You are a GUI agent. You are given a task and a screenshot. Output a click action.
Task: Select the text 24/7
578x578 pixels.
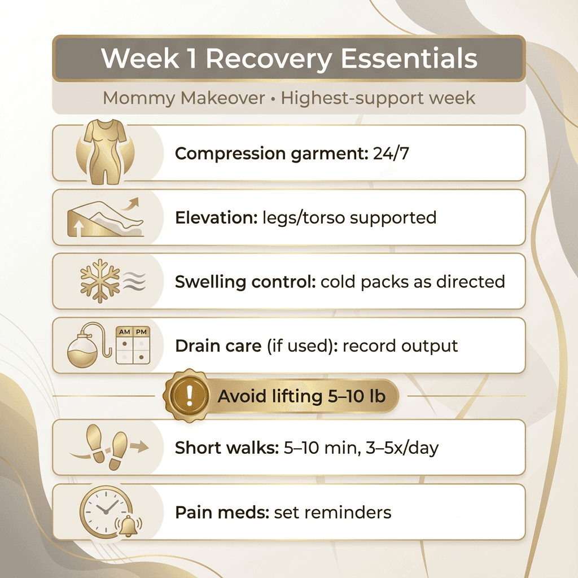(391, 153)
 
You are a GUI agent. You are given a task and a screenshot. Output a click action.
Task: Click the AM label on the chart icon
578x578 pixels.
(125, 332)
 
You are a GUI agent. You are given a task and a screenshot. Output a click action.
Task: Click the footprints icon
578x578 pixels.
(111, 447)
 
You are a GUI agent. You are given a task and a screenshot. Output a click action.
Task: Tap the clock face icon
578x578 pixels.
(103, 510)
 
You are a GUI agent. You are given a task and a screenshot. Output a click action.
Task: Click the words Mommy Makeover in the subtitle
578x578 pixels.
(184, 98)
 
